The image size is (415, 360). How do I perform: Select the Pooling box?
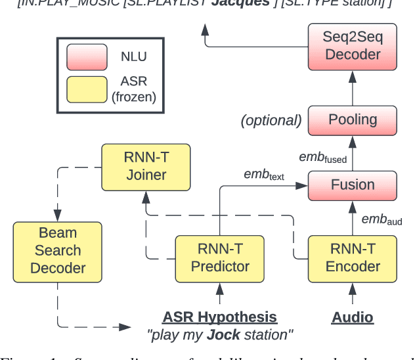[x=353, y=120]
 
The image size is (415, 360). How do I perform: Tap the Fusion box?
[x=353, y=185]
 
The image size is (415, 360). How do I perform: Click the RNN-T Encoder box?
[x=353, y=258]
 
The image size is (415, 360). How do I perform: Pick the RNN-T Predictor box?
[x=220, y=258]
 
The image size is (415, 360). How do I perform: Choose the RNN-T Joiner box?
[x=146, y=166]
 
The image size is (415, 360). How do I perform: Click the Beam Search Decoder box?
[x=58, y=250]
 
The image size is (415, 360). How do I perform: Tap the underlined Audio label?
[x=353, y=317]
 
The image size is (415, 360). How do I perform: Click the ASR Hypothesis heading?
[x=220, y=317]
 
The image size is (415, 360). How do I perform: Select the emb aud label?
[x=382, y=219]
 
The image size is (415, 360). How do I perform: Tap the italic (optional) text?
[x=271, y=120]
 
